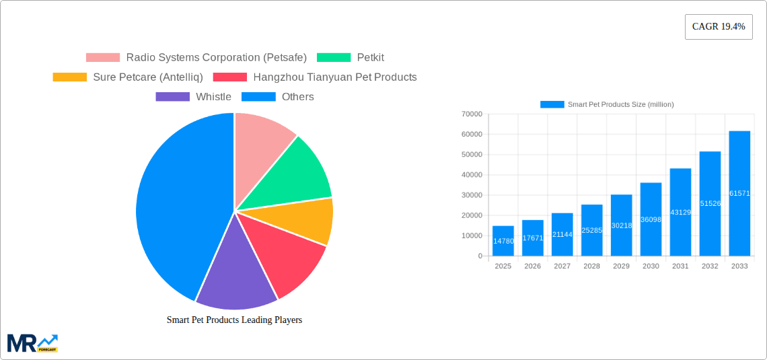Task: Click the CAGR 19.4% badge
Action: pos(718,27)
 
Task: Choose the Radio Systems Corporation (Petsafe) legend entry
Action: pos(196,58)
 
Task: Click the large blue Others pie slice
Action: pos(175,202)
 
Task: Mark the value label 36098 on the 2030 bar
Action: pos(651,220)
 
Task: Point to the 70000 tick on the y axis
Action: pos(471,114)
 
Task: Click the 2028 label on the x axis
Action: pos(591,266)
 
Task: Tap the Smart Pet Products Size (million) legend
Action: pos(607,104)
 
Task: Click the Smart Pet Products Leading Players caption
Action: pos(234,320)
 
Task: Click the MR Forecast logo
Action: pos(32,343)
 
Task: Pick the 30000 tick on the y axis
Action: pos(471,195)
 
